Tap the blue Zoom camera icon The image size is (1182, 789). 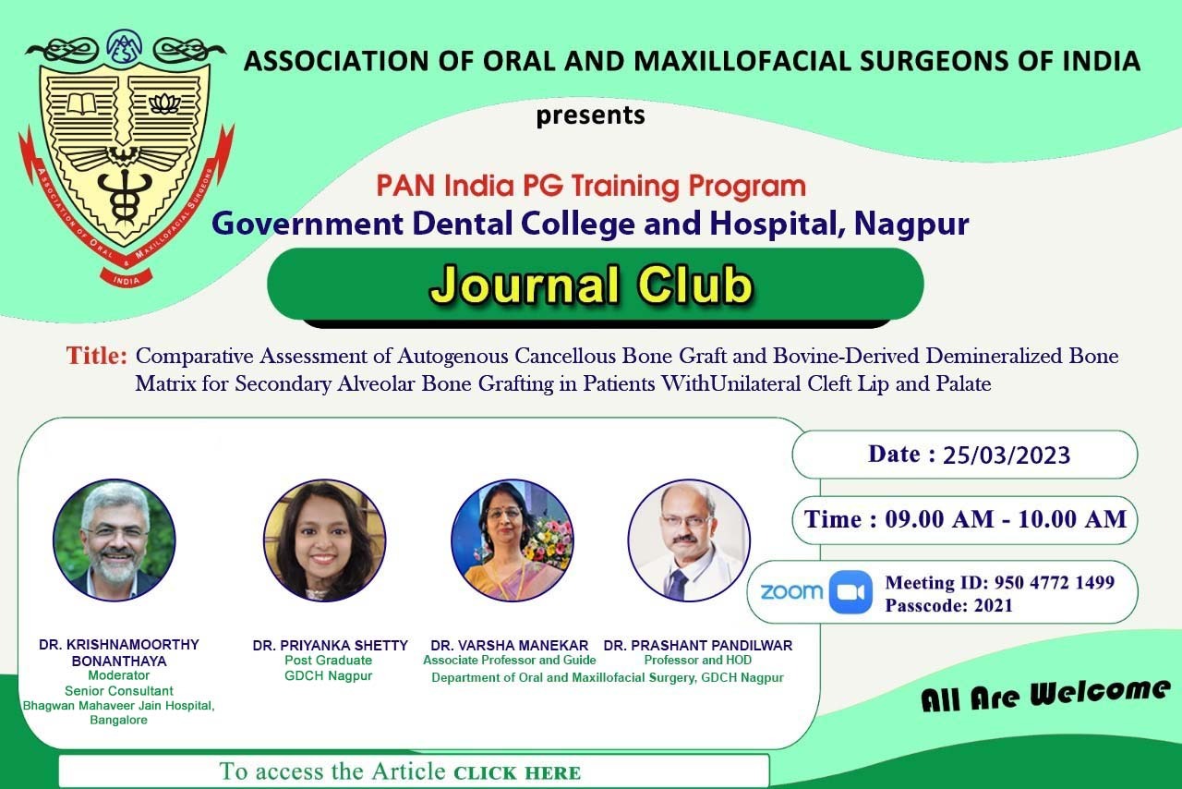click(x=850, y=592)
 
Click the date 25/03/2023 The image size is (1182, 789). click(x=1007, y=455)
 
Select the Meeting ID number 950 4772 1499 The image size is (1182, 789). click(x=1055, y=582)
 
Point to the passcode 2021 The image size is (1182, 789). click(x=994, y=605)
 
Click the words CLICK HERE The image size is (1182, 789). click(x=517, y=773)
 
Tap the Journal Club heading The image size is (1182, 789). click(x=592, y=285)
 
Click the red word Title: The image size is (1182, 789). click(x=97, y=356)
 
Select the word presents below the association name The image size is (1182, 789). click(x=590, y=115)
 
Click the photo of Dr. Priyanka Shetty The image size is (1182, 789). click(x=324, y=540)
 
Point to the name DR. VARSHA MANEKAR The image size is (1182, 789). click(x=509, y=646)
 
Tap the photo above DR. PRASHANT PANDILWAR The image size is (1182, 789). click(x=689, y=540)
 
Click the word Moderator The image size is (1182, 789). click(x=119, y=675)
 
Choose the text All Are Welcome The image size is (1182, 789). click(x=1045, y=695)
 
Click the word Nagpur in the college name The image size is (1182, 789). click(x=911, y=224)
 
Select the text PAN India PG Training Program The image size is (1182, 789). click(x=591, y=186)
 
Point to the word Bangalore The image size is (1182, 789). click(x=119, y=720)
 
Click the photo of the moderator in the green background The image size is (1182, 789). click(x=115, y=540)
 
